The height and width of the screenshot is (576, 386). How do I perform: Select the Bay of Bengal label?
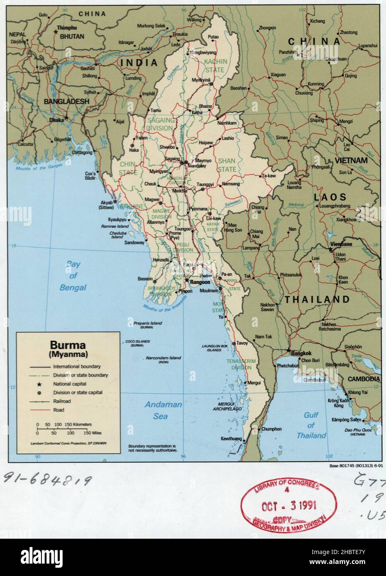coord(73,276)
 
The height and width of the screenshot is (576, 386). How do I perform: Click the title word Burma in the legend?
coord(68,344)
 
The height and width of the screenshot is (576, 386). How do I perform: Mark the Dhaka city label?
coord(56,120)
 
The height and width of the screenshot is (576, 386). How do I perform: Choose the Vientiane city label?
coord(341,244)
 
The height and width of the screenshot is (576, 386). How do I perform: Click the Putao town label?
coord(213,37)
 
